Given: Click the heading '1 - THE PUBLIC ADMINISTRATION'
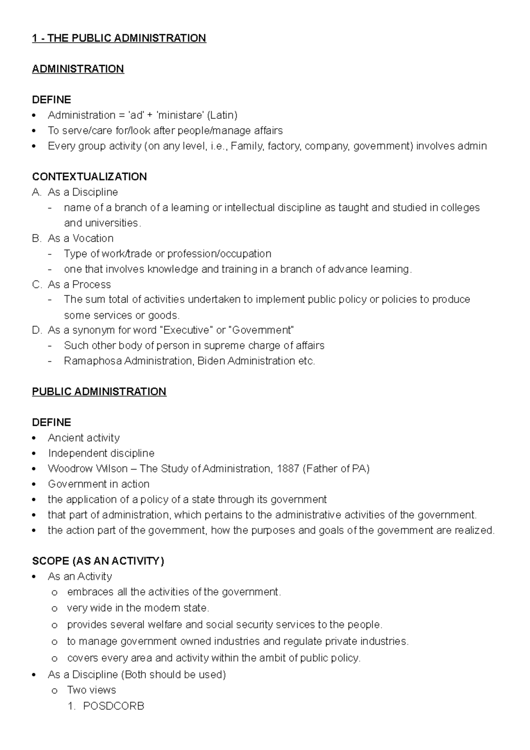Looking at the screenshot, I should point(119,38).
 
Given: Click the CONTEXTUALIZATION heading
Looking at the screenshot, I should point(89,177).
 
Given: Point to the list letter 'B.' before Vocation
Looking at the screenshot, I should point(36,239).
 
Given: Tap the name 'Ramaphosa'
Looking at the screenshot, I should point(93,361).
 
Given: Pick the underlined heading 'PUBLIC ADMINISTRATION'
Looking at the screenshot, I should point(99,392).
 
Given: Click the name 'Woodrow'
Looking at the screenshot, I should point(65,469).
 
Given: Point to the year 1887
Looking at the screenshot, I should point(288,469).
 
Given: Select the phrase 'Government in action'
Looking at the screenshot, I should point(98,484).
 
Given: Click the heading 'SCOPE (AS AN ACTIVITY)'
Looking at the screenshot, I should point(98,561).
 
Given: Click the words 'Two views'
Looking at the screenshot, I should point(91,690).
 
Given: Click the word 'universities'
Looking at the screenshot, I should point(101,223).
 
